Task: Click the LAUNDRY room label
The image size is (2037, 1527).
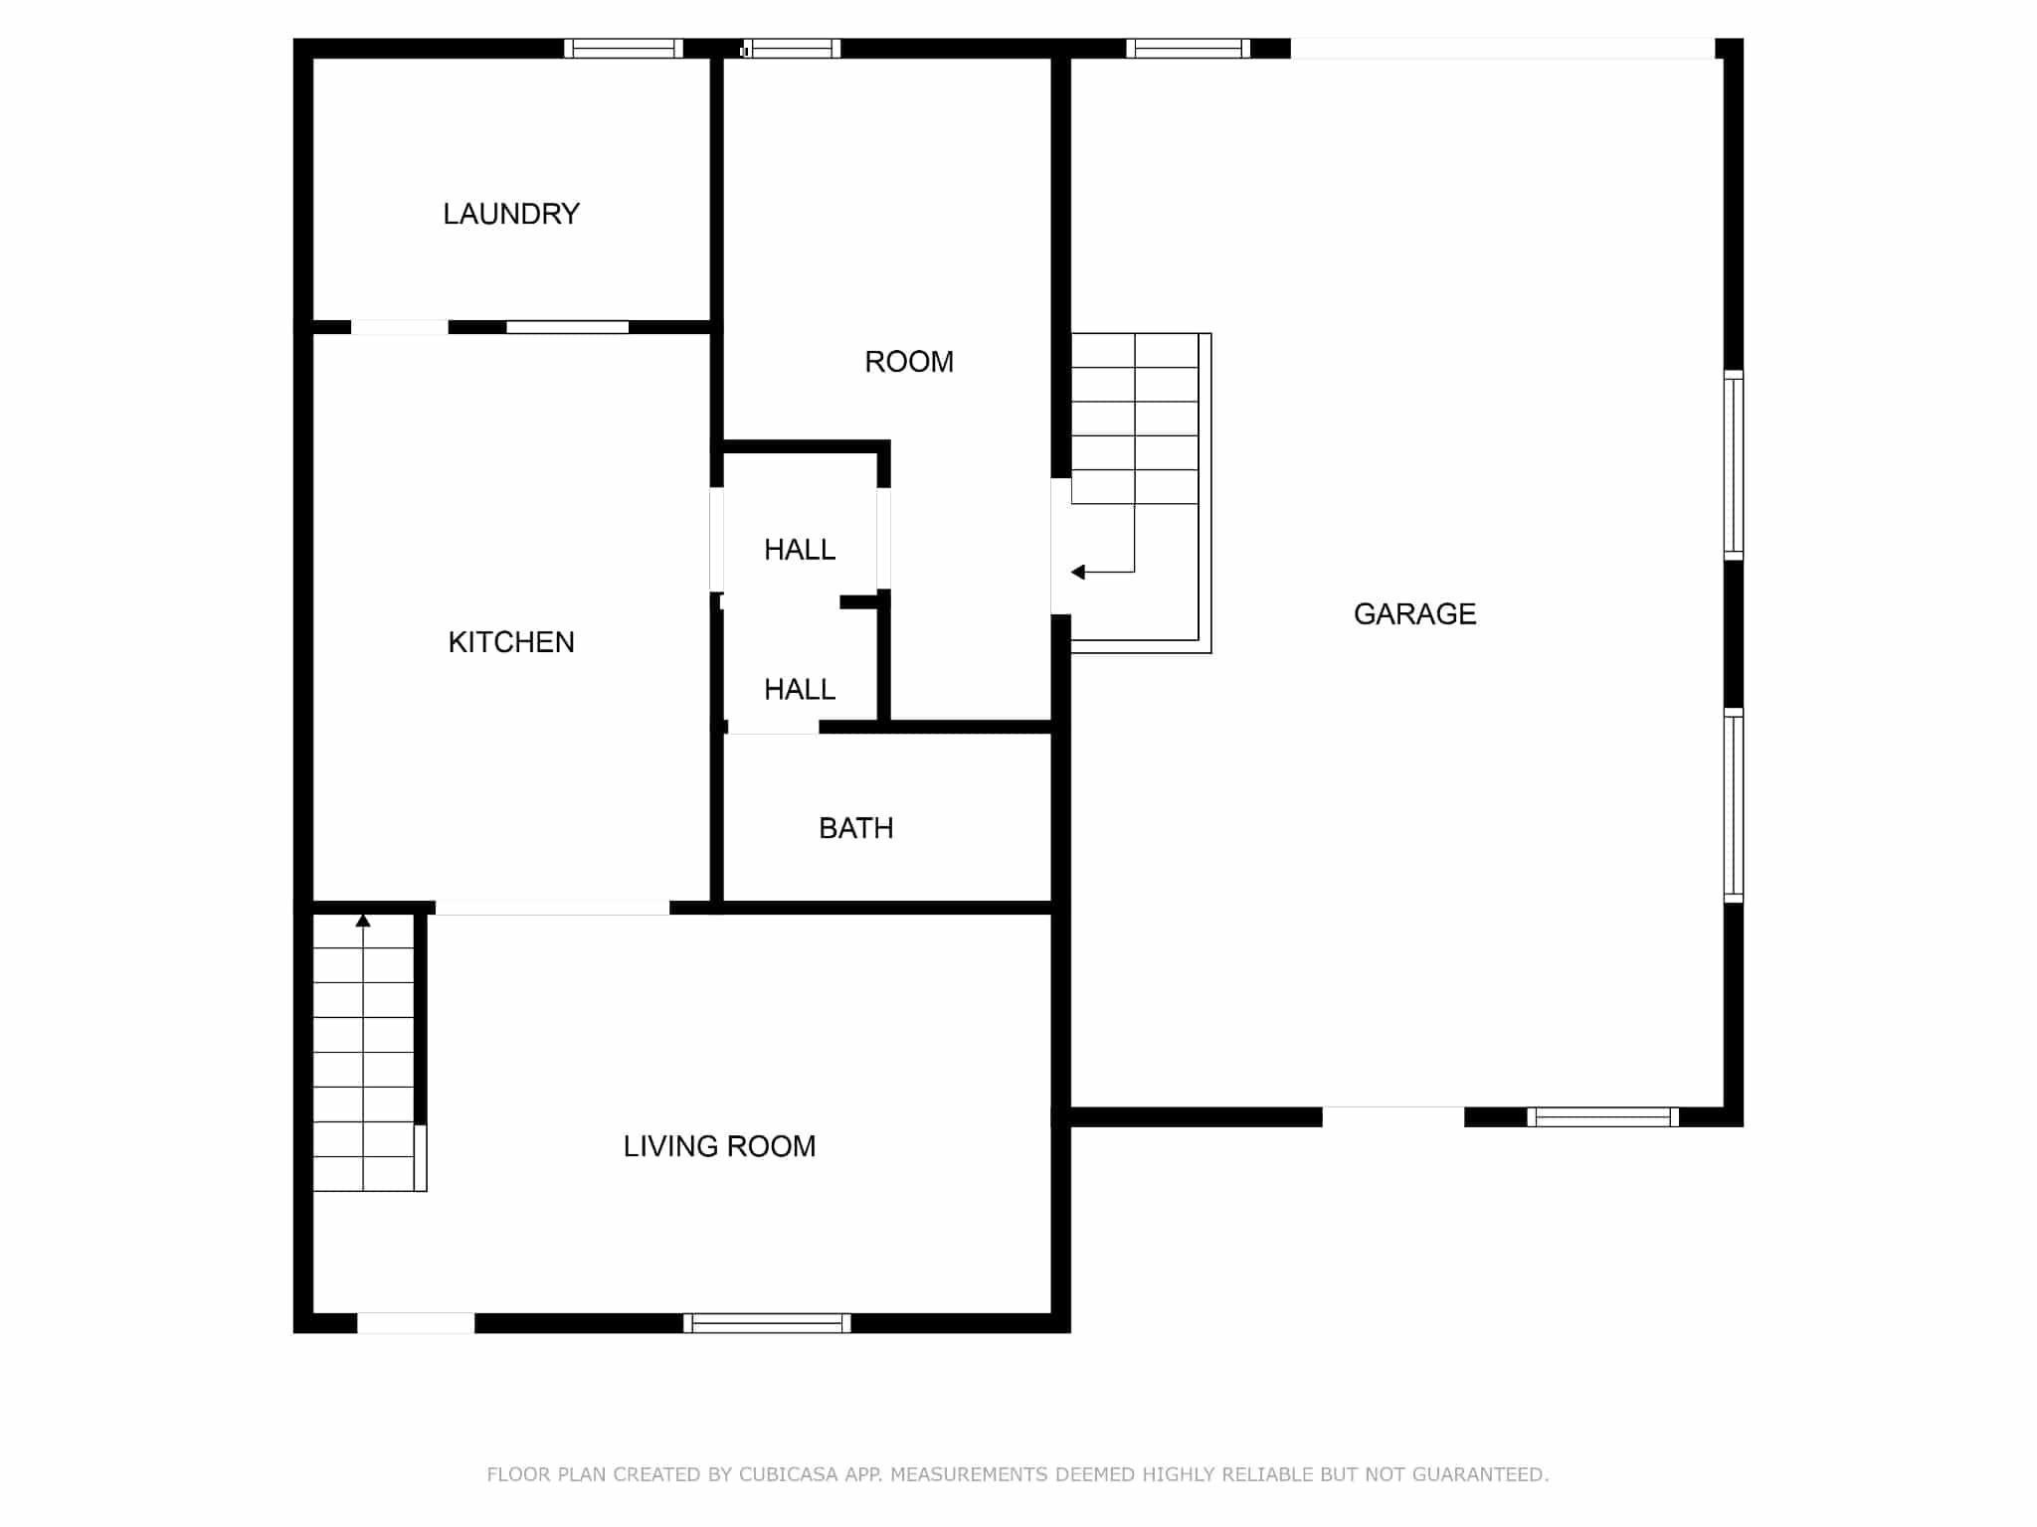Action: click(x=511, y=214)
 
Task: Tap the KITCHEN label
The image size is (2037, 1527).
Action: click(x=511, y=642)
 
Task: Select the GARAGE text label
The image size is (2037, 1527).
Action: click(x=1414, y=614)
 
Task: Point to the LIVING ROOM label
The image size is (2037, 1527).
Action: click(x=719, y=1146)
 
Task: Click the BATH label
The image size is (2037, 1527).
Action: click(x=855, y=828)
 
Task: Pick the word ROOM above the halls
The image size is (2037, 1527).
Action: click(x=909, y=362)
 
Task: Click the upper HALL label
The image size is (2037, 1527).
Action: click(x=800, y=550)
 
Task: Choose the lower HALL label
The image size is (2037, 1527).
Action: click(x=800, y=689)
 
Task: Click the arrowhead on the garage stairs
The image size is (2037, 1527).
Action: click(x=1077, y=572)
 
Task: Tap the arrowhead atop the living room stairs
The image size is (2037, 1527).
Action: click(x=363, y=921)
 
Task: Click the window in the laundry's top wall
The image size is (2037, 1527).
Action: click(x=624, y=49)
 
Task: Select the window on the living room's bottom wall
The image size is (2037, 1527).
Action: click(x=767, y=1323)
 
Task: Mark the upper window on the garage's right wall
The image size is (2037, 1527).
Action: click(x=1734, y=465)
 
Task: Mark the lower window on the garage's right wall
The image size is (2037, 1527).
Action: click(x=1734, y=805)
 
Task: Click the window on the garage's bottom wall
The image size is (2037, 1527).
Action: click(x=1602, y=1117)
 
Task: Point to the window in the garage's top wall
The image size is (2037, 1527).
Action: click(x=1188, y=49)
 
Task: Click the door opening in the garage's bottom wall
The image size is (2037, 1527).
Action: click(x=1393, y=1117)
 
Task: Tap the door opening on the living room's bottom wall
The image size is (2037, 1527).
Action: click(x=416, y=1323)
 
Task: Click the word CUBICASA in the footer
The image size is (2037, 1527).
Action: click(x=789, y=1474)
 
